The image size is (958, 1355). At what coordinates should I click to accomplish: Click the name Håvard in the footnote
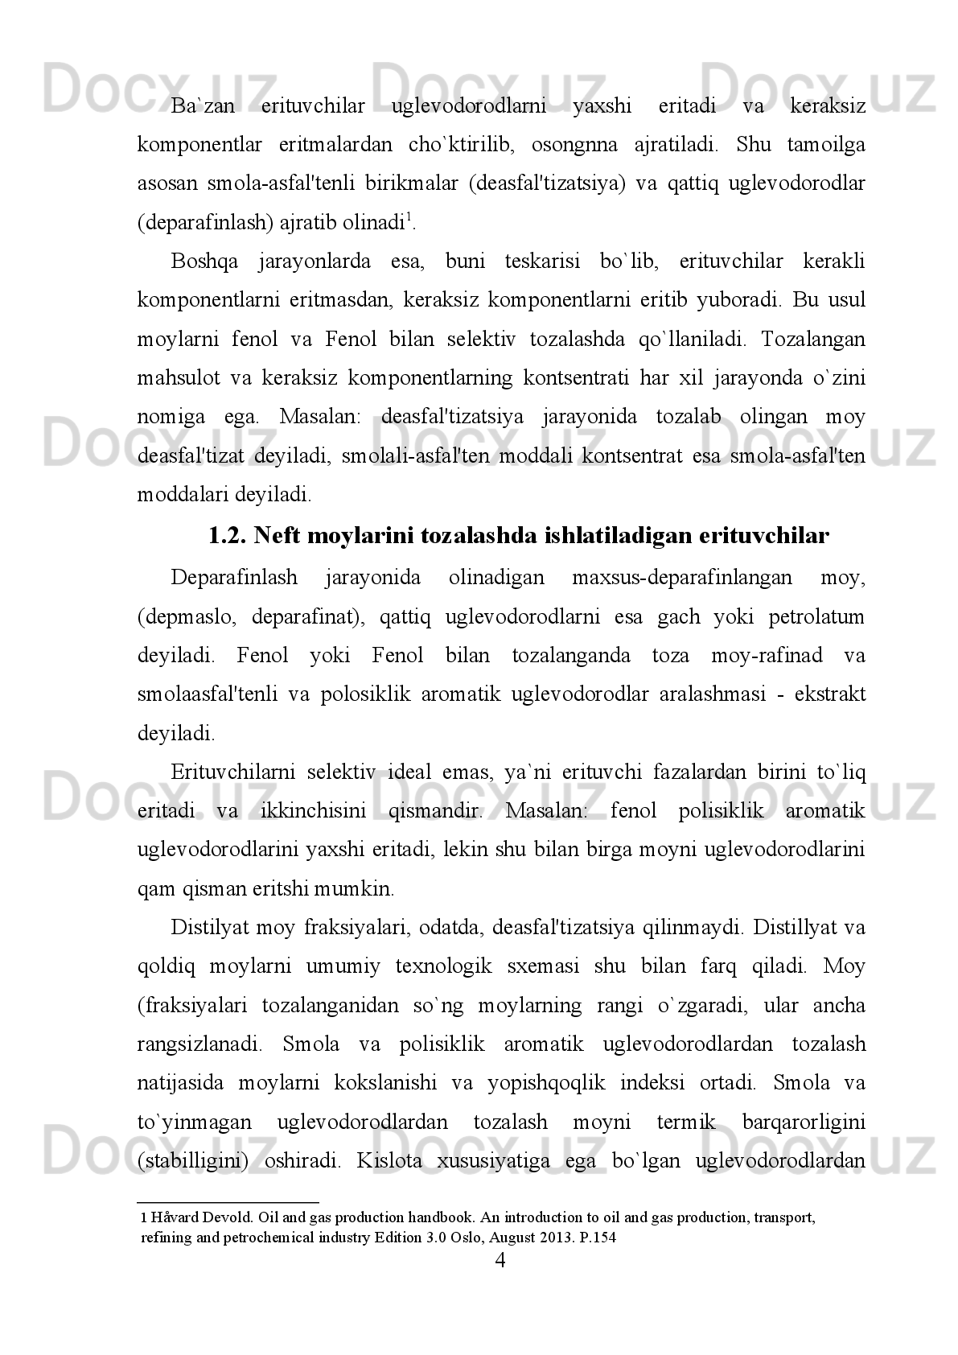(x=170, y=1217)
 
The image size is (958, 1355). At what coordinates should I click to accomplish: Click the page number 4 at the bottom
(x=500, y=1261)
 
